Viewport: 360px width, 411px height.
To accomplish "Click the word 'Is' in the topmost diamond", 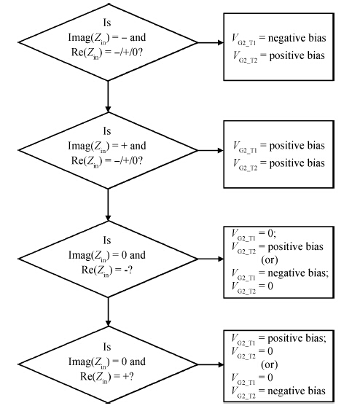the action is [x=107, y=23].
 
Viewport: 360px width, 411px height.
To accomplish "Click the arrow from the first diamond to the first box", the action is [x=211, y=42].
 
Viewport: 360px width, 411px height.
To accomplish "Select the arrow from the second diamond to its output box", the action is [x=211, y=150].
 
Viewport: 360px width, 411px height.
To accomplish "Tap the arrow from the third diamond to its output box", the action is [x=211, y=259].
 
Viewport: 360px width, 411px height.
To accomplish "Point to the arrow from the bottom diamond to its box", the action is [x=211, y=364].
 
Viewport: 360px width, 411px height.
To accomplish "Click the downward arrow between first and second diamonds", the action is [x=108, y=96].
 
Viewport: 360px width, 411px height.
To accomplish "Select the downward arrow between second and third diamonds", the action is [x=108, y=205].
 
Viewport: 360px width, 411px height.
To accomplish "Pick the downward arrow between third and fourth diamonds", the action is [x=108, y=312].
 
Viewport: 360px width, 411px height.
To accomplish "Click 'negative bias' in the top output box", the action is [x=297, y=39].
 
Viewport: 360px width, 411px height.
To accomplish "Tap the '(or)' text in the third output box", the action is [x=270, y=259].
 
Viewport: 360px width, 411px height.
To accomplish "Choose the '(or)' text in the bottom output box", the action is [x=270, y=364].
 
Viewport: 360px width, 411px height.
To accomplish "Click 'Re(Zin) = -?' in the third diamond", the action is [x=107, y=270].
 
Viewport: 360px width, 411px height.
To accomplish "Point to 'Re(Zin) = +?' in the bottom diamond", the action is [x=107, y=377].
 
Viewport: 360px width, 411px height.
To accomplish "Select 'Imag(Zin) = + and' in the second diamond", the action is [x=107, y=146].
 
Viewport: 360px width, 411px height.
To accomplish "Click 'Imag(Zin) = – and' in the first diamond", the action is [x=107, y=38].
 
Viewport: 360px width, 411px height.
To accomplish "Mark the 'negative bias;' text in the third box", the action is [x=298, y=273].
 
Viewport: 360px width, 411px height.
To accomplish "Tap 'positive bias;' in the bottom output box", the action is [x=297, y=339].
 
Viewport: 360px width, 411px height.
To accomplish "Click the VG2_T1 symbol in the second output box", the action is [x=245, y=146].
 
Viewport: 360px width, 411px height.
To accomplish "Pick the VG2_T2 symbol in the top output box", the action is [x=245, y=57].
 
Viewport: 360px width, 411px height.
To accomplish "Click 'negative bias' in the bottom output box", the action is [x=297, y=391].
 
